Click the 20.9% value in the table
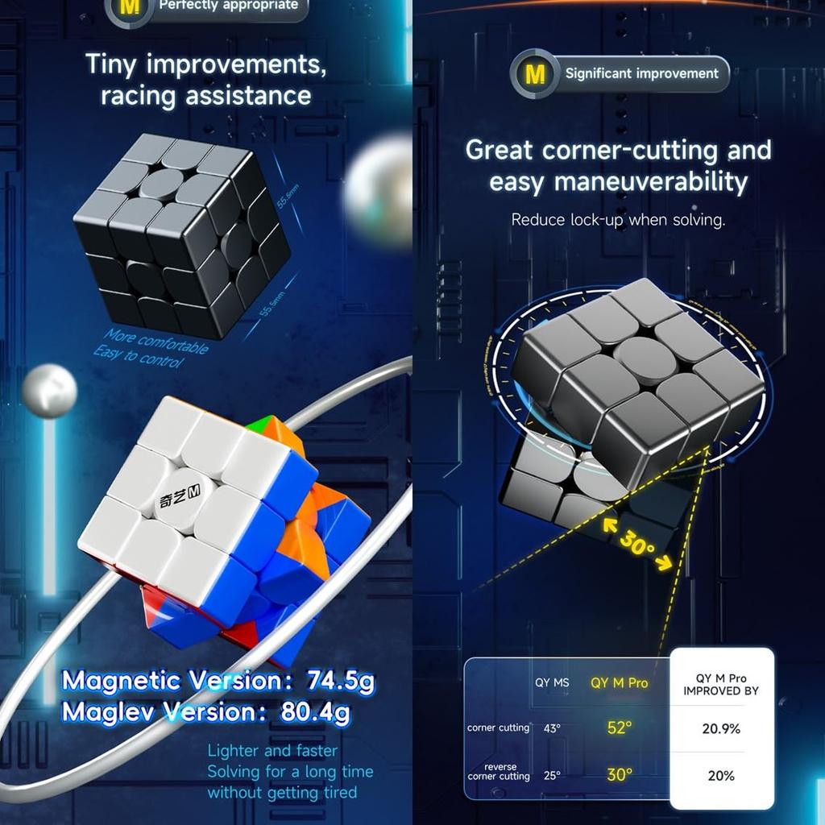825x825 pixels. (721, 728)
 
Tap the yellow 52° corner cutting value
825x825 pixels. (619, 728)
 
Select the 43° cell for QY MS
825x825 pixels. (551, 728)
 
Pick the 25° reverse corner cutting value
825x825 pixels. (551, 776)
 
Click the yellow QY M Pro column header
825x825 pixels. (619, 683)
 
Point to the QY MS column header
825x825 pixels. (552, 683)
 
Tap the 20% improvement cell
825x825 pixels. (721, 776)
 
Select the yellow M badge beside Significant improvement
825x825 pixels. (535, 74)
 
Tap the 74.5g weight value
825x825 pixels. (341, 682)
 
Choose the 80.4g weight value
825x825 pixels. (316, 713)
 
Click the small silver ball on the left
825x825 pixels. (49, 391)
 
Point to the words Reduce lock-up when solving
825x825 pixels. (618, 220)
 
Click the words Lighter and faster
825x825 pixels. (272, 751)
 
